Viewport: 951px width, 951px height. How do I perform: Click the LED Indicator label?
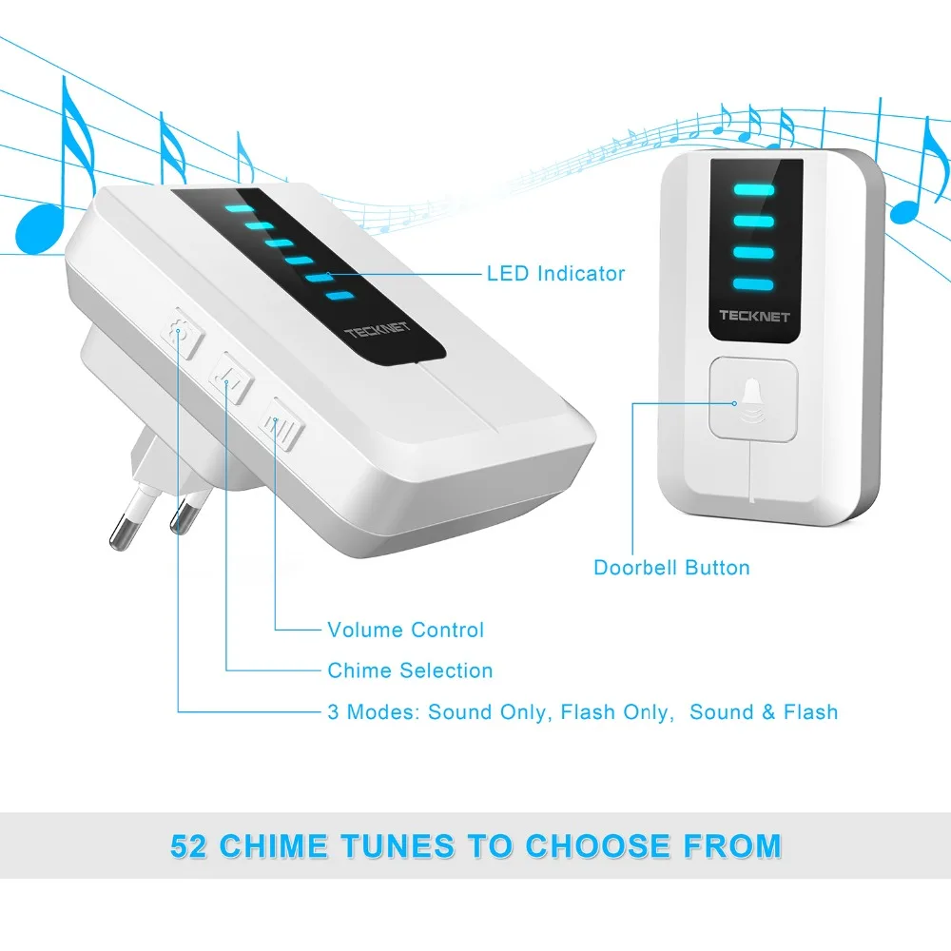coord(555,274)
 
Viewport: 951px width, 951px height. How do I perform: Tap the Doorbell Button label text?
coord(671,568)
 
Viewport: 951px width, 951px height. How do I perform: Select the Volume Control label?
coord(405,630)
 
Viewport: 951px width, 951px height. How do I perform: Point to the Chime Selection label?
coord(410,670)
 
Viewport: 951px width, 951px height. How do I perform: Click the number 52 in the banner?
coord(190,845)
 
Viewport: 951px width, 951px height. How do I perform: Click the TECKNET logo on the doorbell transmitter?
coord(754,316)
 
